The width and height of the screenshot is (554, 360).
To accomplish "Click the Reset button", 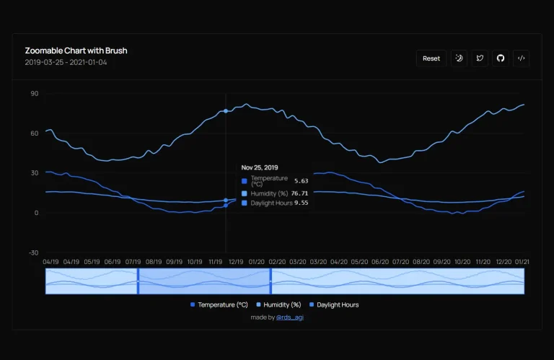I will (431, 58).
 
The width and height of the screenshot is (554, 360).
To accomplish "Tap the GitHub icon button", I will (501, 58).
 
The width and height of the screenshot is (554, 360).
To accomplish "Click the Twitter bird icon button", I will (480, 58).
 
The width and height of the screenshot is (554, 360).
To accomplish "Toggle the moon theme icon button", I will (460, 58).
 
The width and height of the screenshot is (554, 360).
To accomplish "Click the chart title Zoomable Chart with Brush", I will (76, 51).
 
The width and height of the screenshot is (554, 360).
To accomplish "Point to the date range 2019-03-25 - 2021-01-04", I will (66, 62).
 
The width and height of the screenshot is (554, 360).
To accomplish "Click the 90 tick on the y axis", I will (34, 94).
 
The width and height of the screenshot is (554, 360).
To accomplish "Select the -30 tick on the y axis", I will (33, 253).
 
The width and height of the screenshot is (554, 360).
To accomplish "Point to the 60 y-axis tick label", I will (34, 133).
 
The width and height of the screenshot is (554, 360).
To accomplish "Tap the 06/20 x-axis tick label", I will (379, 262).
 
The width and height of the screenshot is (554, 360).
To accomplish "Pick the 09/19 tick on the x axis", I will (174, 262).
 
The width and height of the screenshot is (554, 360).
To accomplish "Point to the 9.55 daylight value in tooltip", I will (302, 203).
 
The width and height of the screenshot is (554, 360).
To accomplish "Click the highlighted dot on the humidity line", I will (226, 110).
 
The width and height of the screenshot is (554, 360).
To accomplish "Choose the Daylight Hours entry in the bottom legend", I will (337, 304).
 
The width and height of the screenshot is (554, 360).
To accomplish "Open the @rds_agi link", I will (289, 317).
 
